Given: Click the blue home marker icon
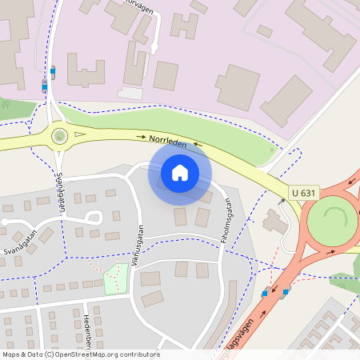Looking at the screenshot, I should [x=179, y=173].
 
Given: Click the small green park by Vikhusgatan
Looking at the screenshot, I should [x=116, y=278].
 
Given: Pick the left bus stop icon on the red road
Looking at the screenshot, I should [x=265, y=294].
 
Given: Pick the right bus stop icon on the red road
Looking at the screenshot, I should [x=286, y=292].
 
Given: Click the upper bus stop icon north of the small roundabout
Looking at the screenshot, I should [x=53, y=70].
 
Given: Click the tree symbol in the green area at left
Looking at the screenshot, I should [x=6, y=104].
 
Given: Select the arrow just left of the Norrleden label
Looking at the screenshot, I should [x=142, y=138].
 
